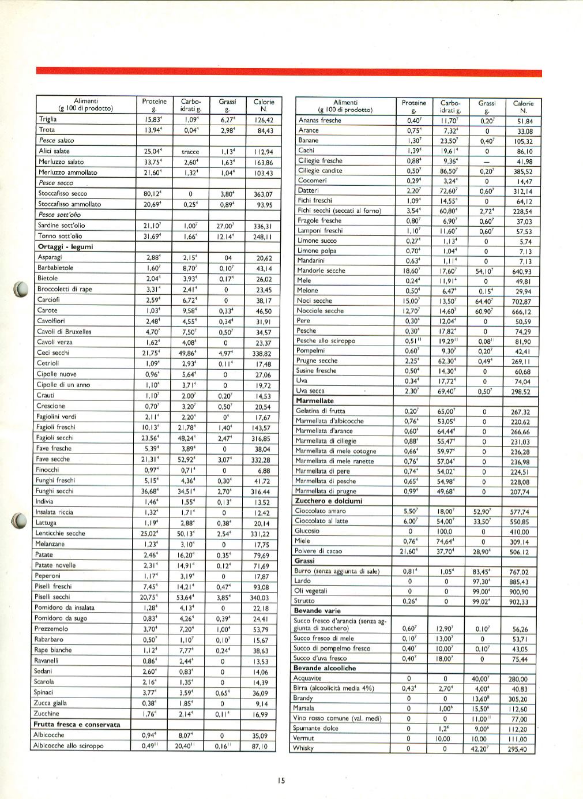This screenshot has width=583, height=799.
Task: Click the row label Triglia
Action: click(x=48, y=119)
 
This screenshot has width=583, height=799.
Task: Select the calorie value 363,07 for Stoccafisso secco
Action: click(x=263, y=194)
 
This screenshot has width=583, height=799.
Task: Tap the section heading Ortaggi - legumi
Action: click(x=65, y=247)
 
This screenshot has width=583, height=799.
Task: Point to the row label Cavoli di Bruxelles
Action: click(x=64, y=332)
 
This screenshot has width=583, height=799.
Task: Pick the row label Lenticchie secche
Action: click(x=60, y=534)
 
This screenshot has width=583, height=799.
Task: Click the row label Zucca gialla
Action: click(x=50, y=703)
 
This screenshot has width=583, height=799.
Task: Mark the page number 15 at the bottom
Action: click(x=281, y=781)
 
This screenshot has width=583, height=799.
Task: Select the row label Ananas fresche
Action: click(x=320, y=121)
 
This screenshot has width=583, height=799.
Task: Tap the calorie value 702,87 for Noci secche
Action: click(x=520, y=302)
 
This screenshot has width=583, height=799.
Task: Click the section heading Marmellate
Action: click(x=314, y=401)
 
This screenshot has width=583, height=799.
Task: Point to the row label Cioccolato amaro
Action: click(x=321, y=511)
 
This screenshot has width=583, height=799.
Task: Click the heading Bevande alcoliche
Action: click(x=325, y=668)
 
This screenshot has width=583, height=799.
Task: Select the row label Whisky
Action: click(x=303, y=748)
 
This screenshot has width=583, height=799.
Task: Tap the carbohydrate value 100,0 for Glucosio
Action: click(x=445, y=531)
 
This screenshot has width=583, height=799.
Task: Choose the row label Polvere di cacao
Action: click(x=318, y=551)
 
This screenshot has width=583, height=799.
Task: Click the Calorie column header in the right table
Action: click(x=523, y=107)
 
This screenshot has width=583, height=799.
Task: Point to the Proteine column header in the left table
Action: click(x=154, y=104)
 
